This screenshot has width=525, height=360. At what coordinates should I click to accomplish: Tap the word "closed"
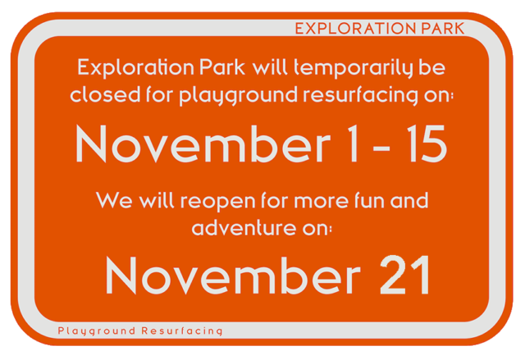pyautogui.click(x=105, y=94)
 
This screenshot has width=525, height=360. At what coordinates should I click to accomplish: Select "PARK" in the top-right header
pyautogui.click(x=443, y=29)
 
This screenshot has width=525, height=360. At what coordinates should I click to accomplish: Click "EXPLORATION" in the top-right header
pyautogui.click(x=356, y=29)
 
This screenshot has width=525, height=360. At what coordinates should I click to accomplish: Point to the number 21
pyautogui.click(x=404, y=275)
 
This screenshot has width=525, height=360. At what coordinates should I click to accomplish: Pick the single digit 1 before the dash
pyautogui.click(x=352, y=144)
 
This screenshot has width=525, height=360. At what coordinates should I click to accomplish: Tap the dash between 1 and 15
pyautogui.click(x=381, y=148)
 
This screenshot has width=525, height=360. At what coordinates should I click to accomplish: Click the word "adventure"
pyautogui.click(x=244, y=227)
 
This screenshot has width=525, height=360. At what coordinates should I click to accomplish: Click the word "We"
pyautogui.click(x=114, y=200)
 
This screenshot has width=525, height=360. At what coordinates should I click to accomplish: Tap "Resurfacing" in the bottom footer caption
pyautogui.click(x=182, y=331)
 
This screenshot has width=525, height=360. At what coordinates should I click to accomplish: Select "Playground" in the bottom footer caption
pyautogui.click(x=97, y=331)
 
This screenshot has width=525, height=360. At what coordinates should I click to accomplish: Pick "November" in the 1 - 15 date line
pyautogui.click(x=203, y=144)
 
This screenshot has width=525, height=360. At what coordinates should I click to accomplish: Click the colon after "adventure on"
pyautogui.click(x=331, y=230)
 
